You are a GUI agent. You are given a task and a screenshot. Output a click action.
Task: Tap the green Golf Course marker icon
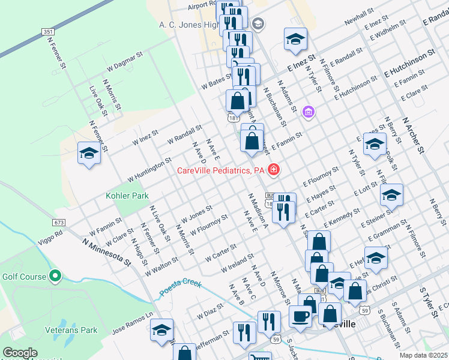55,276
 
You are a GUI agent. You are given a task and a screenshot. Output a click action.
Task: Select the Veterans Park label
73,330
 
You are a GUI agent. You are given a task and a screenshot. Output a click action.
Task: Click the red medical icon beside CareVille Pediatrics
274,170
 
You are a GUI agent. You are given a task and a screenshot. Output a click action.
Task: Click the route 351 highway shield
46,31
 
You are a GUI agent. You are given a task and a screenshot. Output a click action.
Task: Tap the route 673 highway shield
58,222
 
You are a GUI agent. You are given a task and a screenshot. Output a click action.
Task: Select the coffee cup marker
301,315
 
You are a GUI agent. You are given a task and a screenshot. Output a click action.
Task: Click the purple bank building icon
309,112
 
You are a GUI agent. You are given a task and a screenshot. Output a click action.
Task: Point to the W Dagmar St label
124,60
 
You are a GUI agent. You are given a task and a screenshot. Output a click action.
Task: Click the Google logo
19,353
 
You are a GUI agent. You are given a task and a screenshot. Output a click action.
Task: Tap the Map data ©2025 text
423,355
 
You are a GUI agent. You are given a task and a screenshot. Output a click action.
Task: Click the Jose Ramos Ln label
133,319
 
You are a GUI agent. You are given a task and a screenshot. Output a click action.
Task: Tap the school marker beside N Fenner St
89,153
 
